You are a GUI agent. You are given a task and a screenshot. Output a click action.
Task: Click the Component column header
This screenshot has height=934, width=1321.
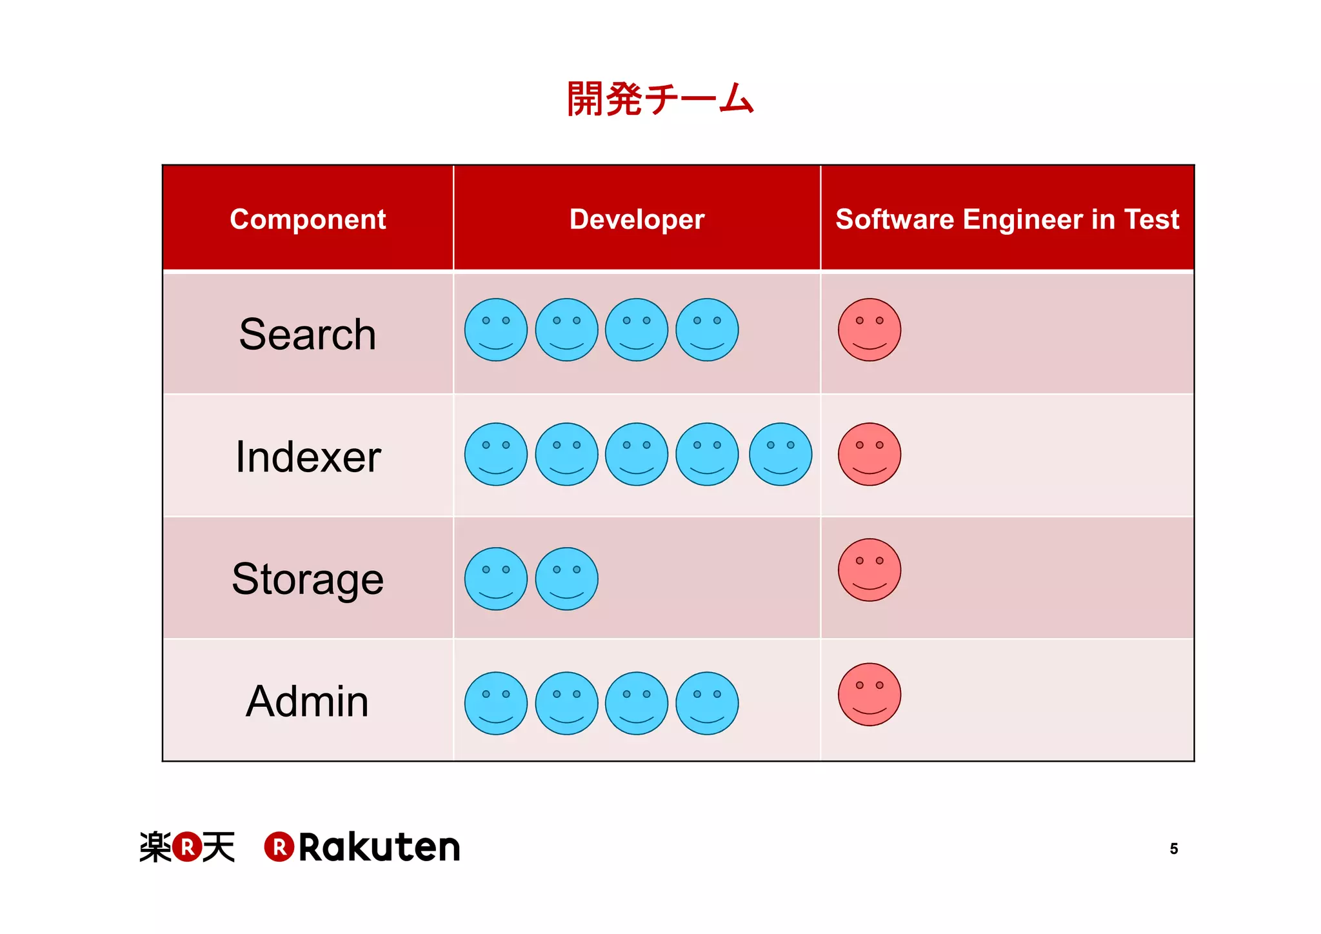click(x=308, y=219)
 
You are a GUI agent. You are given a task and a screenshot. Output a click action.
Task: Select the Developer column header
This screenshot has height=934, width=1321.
click(x=637, y=219)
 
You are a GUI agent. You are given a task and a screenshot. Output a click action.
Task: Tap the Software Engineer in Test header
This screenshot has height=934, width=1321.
click(x=1007, y=219)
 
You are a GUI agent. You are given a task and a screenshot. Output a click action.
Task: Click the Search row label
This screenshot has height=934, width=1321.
click(x=308, y=334)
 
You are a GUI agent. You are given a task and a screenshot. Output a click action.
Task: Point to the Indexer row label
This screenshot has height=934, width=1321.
click(x=308, y=457)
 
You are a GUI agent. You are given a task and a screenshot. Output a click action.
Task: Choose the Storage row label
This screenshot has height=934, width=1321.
click(x=308, y=579)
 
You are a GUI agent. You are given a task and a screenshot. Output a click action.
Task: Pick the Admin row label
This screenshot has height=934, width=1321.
click(x=308, y=701)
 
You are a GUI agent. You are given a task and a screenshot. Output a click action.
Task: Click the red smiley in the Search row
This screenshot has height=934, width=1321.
click(x=869, y=330)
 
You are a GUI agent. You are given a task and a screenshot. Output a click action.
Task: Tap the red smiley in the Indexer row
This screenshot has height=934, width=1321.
click(x=869, y=454)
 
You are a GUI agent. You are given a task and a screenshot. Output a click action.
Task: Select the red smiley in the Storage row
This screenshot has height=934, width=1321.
click(x=869, y=570)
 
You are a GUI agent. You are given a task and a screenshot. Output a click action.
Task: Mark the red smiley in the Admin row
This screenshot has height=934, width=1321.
click(x=869, y=695)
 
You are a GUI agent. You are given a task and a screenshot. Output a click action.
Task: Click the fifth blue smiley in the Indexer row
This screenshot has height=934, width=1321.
click(x=780, y=454)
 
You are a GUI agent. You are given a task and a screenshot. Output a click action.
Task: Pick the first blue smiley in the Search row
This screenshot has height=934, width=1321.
click(x=496, y=330)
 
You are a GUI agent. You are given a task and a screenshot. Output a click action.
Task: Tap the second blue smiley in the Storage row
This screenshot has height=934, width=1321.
click(x=566, y=579)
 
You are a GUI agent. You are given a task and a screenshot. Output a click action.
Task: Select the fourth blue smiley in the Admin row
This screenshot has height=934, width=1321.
click(x=707, y=703)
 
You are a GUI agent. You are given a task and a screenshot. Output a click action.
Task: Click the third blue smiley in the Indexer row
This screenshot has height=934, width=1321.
click(x=637, y=454)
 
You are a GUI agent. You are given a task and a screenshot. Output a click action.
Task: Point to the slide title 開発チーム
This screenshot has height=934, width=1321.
click(x=660, y=99)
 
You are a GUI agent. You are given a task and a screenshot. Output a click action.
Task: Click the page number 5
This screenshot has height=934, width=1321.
click(x=1174, y=849)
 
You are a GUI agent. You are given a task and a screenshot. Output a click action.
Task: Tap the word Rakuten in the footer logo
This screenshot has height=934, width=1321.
click(x=379, y=847)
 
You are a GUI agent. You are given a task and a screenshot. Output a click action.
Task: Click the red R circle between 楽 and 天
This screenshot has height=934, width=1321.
click(x=187, y=847)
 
